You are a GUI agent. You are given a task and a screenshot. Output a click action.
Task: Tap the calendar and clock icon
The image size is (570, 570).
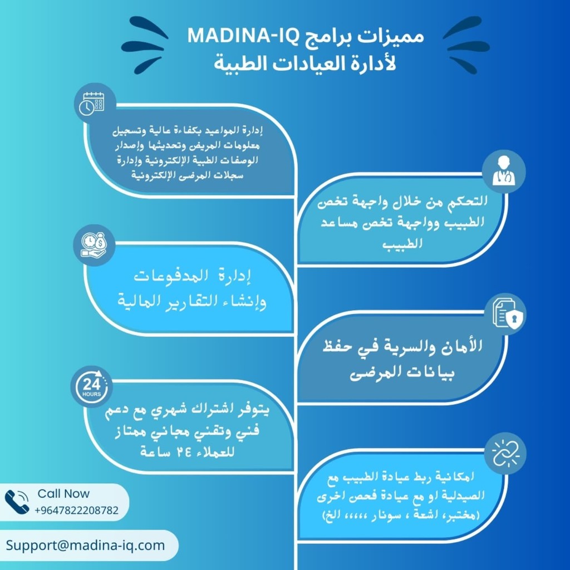(94, 104)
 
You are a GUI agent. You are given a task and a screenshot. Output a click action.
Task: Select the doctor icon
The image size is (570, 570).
(503, 171)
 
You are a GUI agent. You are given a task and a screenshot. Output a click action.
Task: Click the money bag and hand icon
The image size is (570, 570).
(94, 245)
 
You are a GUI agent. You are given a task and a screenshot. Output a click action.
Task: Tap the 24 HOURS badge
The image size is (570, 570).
(92, 387)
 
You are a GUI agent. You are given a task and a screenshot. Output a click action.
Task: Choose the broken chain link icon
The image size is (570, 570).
(505, 453)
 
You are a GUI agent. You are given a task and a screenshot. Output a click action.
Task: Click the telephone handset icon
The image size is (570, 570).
(17, 502)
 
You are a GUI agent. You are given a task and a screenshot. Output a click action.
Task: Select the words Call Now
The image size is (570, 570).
(63, 494)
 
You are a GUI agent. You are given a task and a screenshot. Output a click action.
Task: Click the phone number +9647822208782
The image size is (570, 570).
(76, 510)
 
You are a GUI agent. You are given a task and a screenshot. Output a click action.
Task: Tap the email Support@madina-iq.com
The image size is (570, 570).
(85, 546)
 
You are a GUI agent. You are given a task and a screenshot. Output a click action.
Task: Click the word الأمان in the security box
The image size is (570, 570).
(461, 346)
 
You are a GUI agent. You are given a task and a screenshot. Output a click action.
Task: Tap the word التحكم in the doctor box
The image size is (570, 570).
(467, 201)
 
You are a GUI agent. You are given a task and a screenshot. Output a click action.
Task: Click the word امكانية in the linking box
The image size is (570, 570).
(454, 476)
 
